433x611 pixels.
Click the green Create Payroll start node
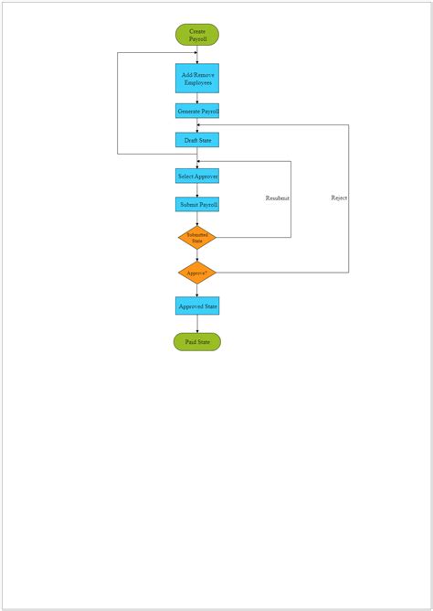tap(197, 35)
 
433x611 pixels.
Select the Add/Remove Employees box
tap(197, 78)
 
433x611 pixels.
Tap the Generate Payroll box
tap(197, 111)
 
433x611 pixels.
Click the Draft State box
tap(197, 140)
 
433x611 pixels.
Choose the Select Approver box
tap(197, 176)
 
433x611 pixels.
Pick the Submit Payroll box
tap(197, 204)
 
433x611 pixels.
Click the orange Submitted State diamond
tap(197, 238)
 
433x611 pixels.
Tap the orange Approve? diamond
tap(197, 273)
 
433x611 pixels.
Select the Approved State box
tap(197, 305)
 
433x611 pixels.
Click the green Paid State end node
tap(197, 342)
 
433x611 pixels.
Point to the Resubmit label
tap(278, 198)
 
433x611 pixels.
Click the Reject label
tap(339, 198)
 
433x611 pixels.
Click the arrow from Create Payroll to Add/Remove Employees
tap(197, 55)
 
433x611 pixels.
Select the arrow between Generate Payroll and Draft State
tap(197, 125)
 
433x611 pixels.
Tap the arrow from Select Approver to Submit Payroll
tap(197, 190)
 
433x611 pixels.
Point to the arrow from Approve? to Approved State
tap(197, 290)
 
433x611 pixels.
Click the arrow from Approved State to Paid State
tap(197, 324)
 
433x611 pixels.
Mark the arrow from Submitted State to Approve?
tap(197, 255)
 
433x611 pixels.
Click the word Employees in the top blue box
tap(197, 83)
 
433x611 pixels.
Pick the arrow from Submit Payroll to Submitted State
tap(197, 219)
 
